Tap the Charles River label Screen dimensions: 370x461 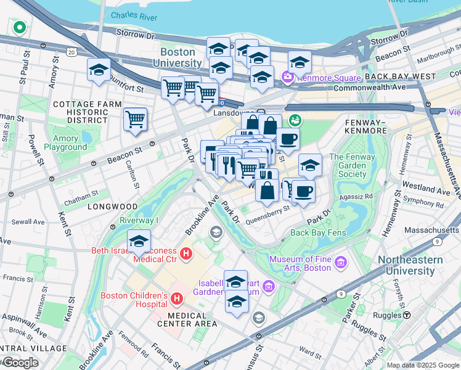133,15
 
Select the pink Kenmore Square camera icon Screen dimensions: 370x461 287,77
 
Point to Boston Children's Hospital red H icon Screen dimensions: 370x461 177,299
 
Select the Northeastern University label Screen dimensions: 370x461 410,265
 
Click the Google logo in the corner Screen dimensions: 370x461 20,363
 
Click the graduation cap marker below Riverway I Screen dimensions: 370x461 139,241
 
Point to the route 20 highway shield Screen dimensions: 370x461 72,54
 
